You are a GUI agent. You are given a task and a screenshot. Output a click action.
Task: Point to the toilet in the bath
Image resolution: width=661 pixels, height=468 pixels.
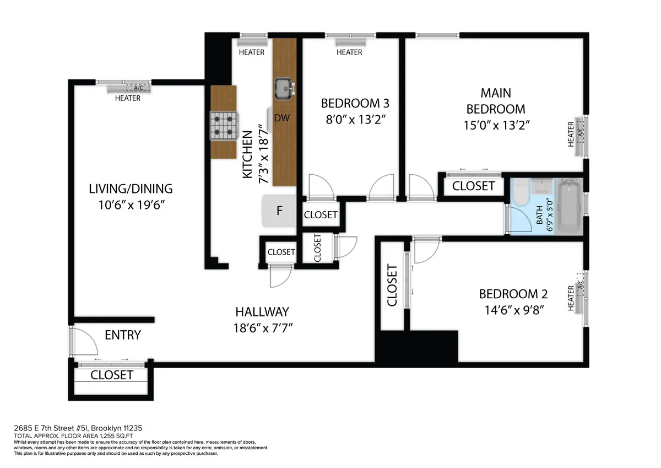click(521, 193)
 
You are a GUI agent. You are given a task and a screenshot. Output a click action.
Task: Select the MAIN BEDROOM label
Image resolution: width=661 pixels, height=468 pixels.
click(496, 100)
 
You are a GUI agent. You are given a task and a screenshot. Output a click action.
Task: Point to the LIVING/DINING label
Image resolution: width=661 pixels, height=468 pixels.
click(131, 189)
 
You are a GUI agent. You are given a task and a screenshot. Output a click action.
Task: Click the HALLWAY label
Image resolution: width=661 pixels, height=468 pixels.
click(261, 311)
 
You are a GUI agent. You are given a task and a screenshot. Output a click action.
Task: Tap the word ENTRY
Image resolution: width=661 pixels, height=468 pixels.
click(123, 335)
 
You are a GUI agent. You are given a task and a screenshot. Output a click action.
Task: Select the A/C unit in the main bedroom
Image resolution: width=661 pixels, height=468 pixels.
click(580, 132)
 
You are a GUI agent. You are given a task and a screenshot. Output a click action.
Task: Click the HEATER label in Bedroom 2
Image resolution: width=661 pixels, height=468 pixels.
click(571, 298)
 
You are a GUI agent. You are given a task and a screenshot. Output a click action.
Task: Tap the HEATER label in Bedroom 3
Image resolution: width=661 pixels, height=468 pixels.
click(349, 52)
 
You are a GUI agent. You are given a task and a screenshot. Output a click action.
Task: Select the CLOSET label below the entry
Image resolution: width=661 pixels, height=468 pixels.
click(112, 375)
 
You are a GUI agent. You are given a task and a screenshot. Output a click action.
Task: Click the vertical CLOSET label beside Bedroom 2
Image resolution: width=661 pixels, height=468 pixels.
click(392, 285)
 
